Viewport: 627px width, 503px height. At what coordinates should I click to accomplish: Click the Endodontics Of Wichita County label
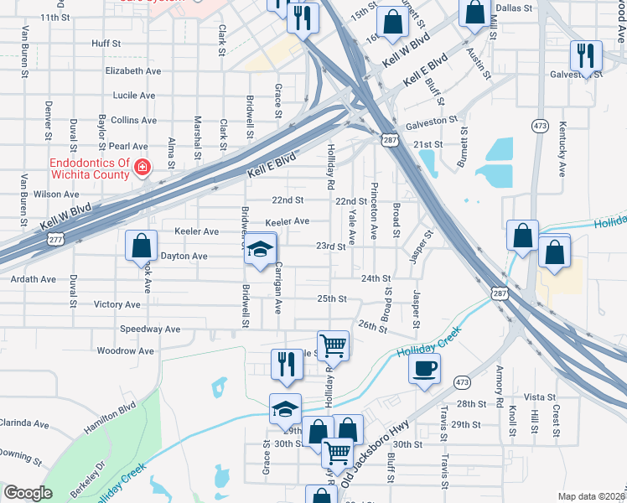click(x=90, y=169)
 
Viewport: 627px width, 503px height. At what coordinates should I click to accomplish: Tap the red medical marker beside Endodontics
click(x=142, y=169)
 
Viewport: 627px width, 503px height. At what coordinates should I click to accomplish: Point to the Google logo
click(x=28, y=493)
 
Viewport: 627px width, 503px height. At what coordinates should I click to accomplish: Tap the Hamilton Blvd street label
click(x=109, y=418)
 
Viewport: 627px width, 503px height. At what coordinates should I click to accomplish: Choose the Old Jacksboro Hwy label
click(x=366, y=456)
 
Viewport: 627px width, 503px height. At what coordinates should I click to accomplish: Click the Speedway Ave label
click(x=150, y=329)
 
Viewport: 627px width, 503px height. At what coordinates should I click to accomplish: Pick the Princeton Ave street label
click(x=374, y=211)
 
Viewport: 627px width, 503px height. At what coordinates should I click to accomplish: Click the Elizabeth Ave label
click(x=133, y=71)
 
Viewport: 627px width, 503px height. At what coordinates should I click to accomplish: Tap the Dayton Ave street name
click(x=184, y=256)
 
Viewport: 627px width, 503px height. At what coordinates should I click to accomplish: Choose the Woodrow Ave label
click(x=126, y=350)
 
